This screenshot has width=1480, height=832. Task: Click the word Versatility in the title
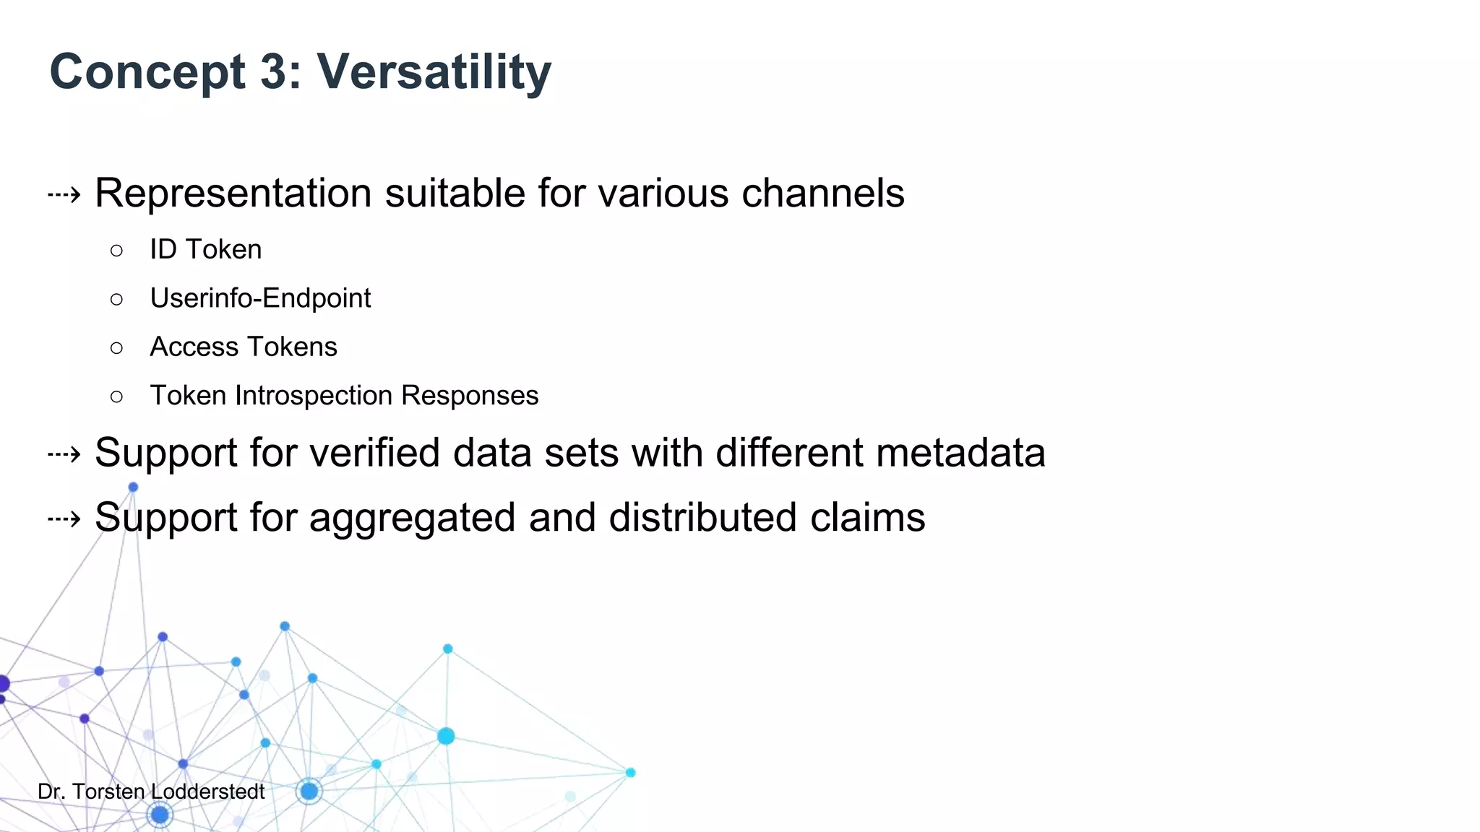[434, 72]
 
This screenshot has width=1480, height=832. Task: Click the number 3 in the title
[274, 72]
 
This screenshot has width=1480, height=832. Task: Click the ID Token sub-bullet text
[205, 250]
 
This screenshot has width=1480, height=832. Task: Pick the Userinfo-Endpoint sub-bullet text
[260, 298]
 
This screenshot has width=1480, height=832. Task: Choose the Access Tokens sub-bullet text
[243, 347]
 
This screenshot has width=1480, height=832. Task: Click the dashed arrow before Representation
[64, 194]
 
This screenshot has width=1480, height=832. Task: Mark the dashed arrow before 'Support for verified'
[64, 454]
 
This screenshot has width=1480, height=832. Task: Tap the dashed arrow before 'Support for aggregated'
[64, 519]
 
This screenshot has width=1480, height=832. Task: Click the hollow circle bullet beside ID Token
[117, 251]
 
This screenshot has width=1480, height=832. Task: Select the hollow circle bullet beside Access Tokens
[117, 348]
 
